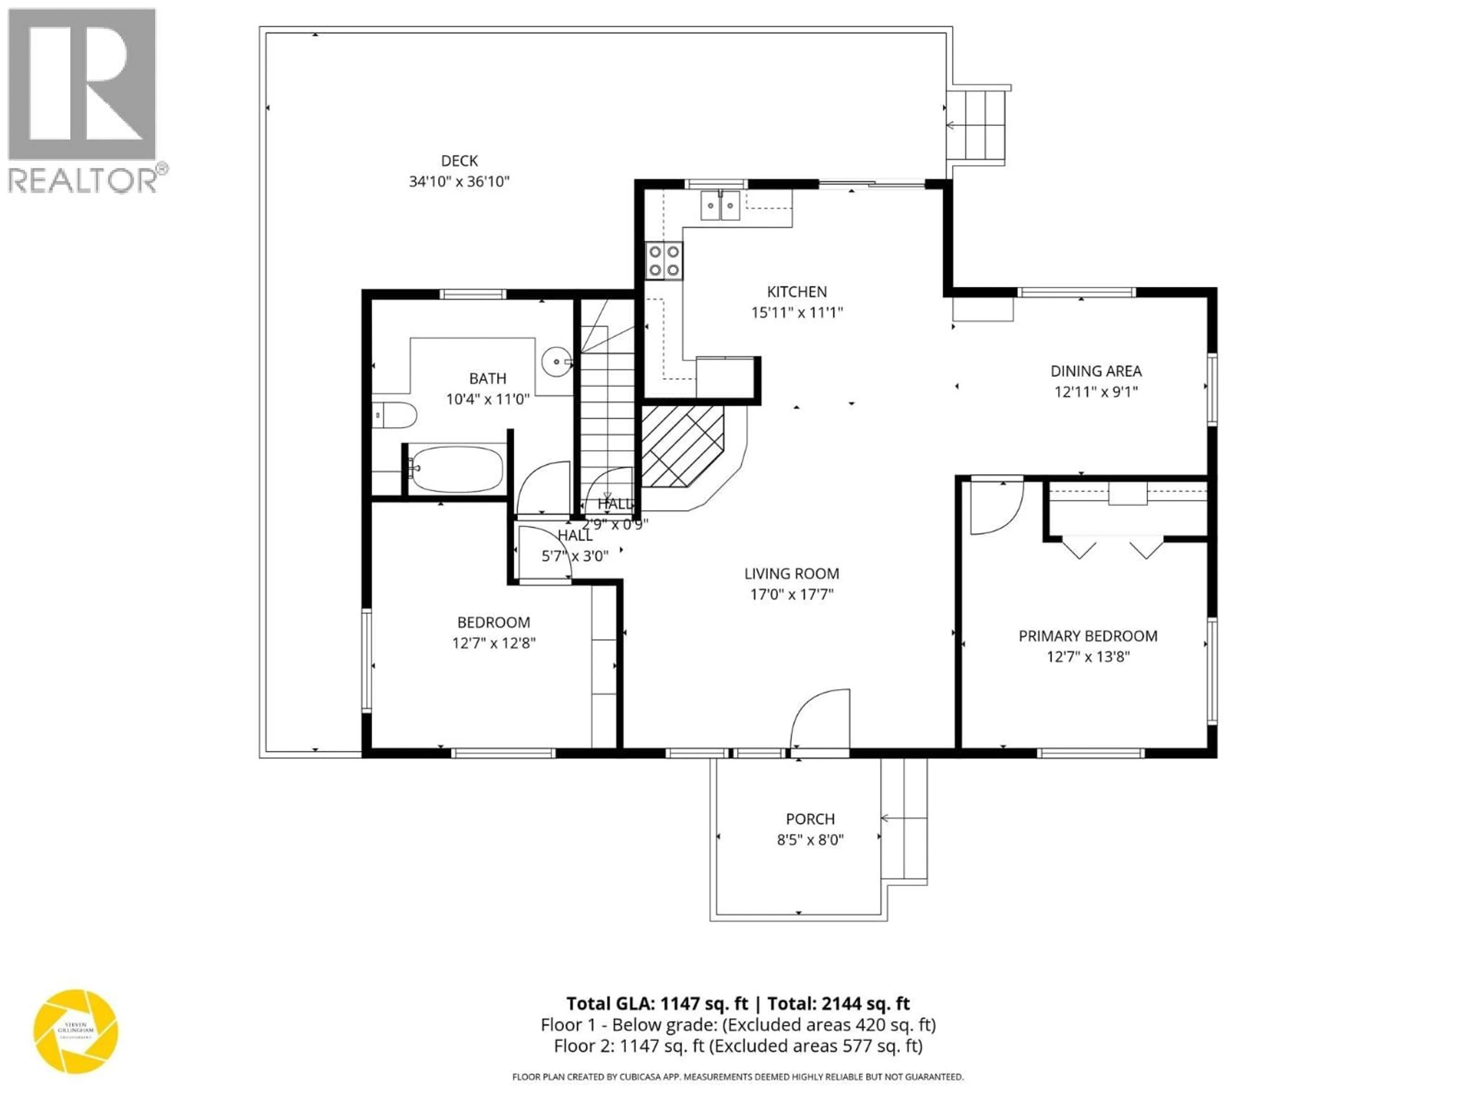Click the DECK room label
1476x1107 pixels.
tap(459, 161)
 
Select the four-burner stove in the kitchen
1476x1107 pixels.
tap(664, 261)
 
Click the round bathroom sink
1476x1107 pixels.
tap(557, 362)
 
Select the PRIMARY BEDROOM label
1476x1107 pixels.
tap(1088, 636)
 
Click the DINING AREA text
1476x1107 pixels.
tap(1095, 371)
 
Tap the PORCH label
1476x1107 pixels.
tap(810, 819)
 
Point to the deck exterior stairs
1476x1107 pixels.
tap(977, 125)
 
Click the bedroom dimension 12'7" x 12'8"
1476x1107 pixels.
tap(494, 643)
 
